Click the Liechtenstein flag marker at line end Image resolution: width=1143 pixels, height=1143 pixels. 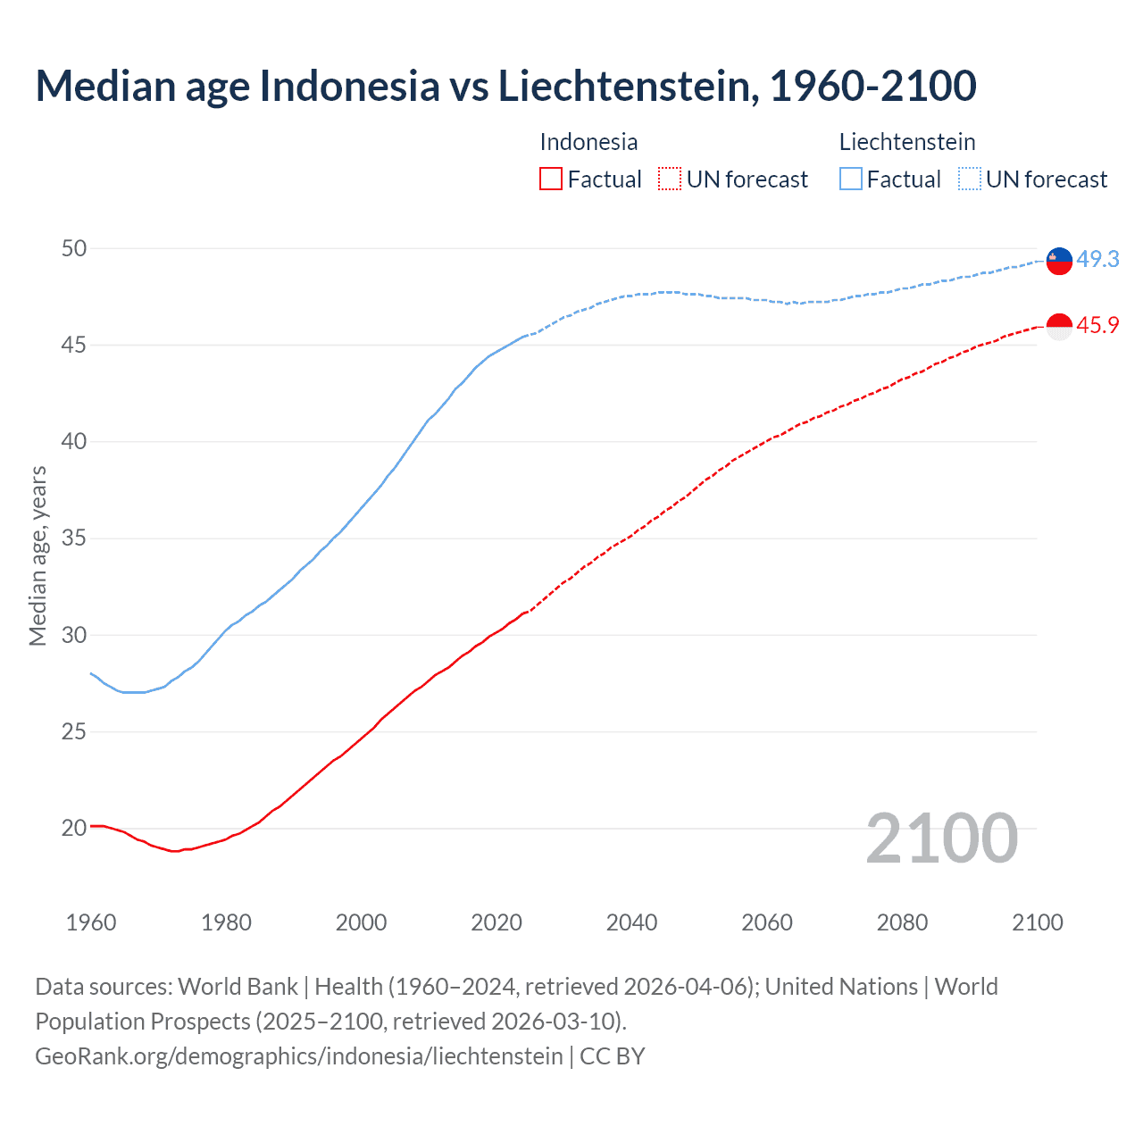coord(1059,260)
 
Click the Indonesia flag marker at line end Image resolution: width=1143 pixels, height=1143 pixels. coord(1059,327)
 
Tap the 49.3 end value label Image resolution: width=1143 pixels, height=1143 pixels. coord(1097,259)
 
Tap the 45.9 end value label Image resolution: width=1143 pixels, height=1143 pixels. coord(1097,325)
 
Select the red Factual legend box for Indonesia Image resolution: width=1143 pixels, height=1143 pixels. coord(551,179)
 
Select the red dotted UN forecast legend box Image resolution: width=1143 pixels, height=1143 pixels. coord(670,179)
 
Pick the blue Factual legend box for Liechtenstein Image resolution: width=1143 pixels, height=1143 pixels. coord(851,179)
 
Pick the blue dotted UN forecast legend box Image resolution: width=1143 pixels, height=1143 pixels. coord(969,179)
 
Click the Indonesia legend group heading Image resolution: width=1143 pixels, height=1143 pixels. coord(588,142)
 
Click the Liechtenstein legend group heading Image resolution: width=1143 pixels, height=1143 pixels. coord(907,142)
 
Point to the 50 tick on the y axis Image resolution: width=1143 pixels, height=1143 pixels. coord(74,248)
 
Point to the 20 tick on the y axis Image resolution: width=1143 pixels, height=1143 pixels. coord(74,828)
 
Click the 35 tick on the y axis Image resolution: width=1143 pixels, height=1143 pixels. coord(74,538)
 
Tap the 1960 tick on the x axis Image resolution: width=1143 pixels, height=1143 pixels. coord(91,922)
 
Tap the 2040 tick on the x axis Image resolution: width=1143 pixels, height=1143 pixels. coord(631,922)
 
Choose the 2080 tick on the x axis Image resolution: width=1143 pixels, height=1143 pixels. coord(902,922)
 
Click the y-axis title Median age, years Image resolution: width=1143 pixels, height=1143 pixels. coord(38,555)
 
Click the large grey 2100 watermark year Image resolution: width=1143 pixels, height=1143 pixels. coord(941,838)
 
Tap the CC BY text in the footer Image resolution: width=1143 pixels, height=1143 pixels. coord(613,1056)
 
